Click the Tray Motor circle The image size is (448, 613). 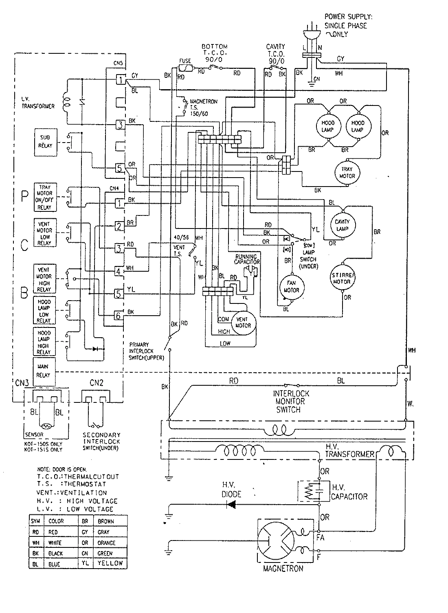coord(347,173)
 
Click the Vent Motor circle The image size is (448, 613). coord(244,322)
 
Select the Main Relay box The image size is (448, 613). coord(43,371)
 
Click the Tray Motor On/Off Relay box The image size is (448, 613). coord(45,197)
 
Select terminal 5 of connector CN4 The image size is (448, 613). coord(119,293)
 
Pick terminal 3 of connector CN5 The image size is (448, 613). coord(119,125)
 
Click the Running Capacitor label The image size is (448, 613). coord(246,259)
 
